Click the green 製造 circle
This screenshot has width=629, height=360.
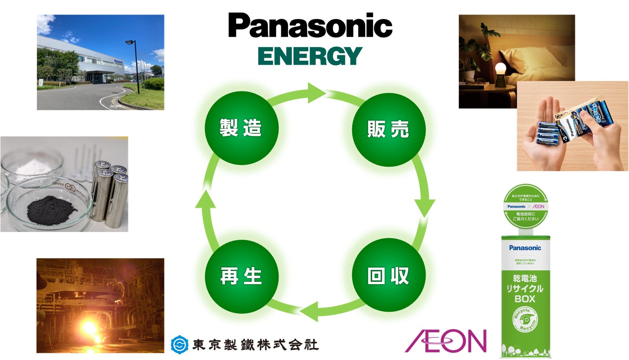tap(241, 128)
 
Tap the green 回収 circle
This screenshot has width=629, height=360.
tap(388, 276)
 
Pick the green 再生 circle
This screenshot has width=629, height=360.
tap(241, 276)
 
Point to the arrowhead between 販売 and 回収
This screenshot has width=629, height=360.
tap(424, 207)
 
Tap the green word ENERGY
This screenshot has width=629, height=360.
tap(310, 56)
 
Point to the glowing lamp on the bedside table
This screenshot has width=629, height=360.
tap(501, 70)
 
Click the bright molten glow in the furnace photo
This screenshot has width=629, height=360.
tap(90, 329)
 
